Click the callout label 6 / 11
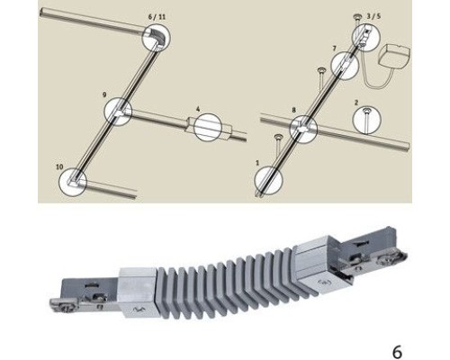(x=157, y=17)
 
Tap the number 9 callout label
(x=104, y=94)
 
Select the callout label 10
(x=59, y=166)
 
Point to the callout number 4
(x=198, y=109)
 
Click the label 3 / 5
(x=373, y=16)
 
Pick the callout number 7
(x=335, y=49)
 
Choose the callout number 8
(x=293, y=110)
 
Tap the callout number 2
(x=356, y=103)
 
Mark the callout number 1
(x=257, y=163)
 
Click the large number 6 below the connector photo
(x=397, y=352)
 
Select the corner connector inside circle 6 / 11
(x=158, y=37)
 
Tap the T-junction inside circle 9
(x=119, y=112)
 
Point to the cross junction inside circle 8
(x=303, y=129)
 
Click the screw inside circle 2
(x=366, y=119)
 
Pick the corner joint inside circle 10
(x=74, y=182)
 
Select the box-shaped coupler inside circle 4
(x=209, y=127)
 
